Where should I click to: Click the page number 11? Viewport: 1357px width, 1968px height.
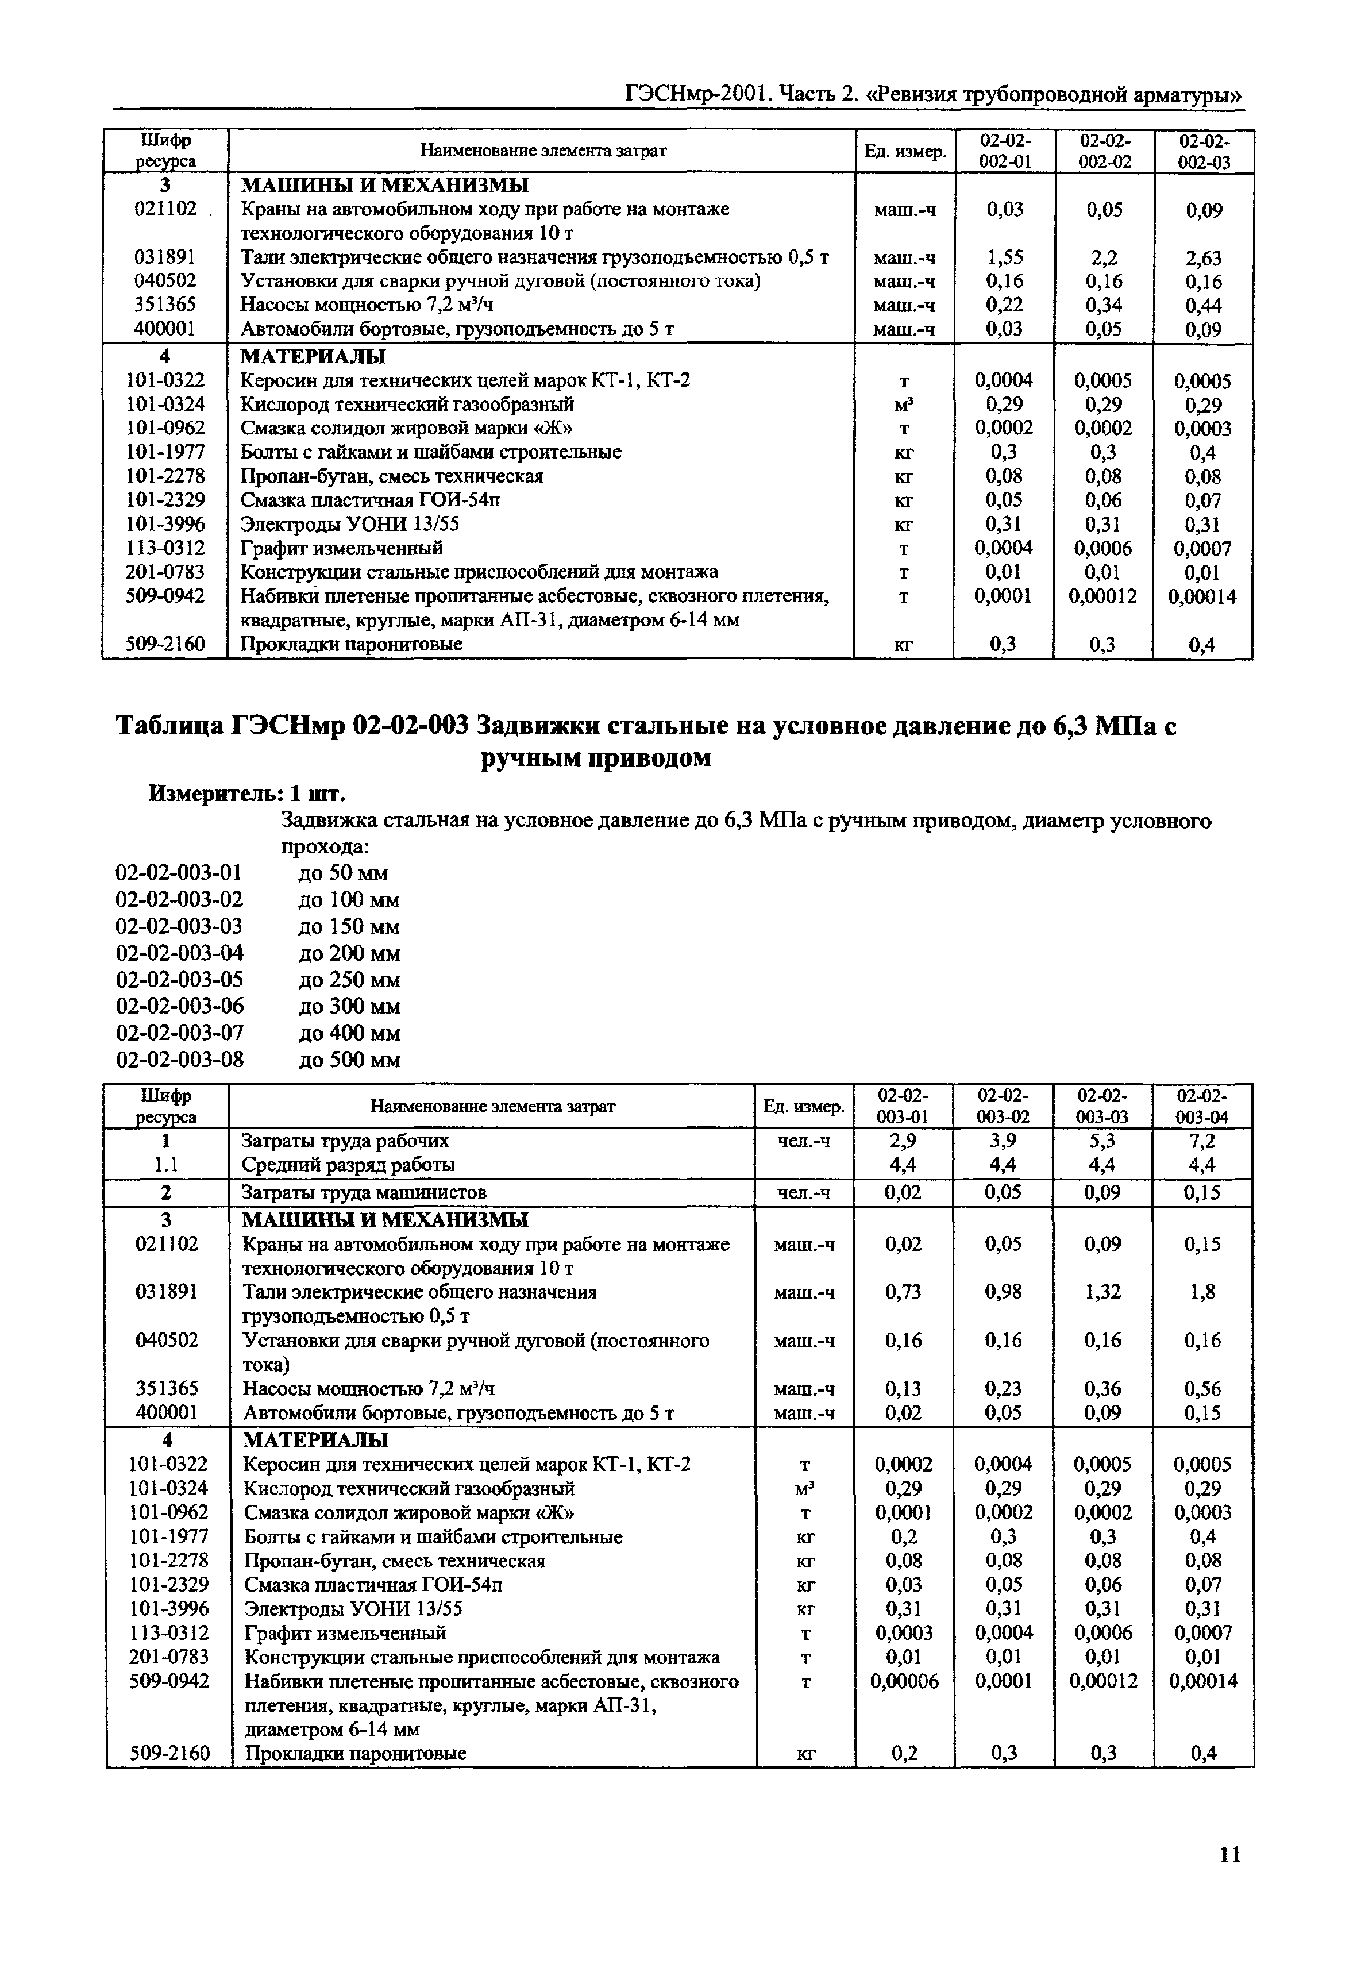(x=1229, y=1854)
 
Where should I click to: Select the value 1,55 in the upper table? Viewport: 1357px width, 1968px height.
(x=1004, y=257)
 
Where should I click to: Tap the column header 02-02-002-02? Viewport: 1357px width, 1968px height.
(x=1104, y=151)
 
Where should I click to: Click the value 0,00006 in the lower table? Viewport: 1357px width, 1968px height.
(x=903, y=1681)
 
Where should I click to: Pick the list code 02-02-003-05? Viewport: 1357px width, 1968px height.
(x=179, y=980)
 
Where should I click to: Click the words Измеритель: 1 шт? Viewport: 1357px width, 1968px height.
(x=246, y=794)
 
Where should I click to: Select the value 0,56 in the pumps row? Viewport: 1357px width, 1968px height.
(x=1203, y=1389)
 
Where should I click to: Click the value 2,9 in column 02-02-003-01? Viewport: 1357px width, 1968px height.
(x=903, y=1141)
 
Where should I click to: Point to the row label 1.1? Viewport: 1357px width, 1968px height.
(x=167, y=1164)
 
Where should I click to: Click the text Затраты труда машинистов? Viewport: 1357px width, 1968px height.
(x=364, y=1193)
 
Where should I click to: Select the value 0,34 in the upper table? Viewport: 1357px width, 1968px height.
(x=1104, y=305)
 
